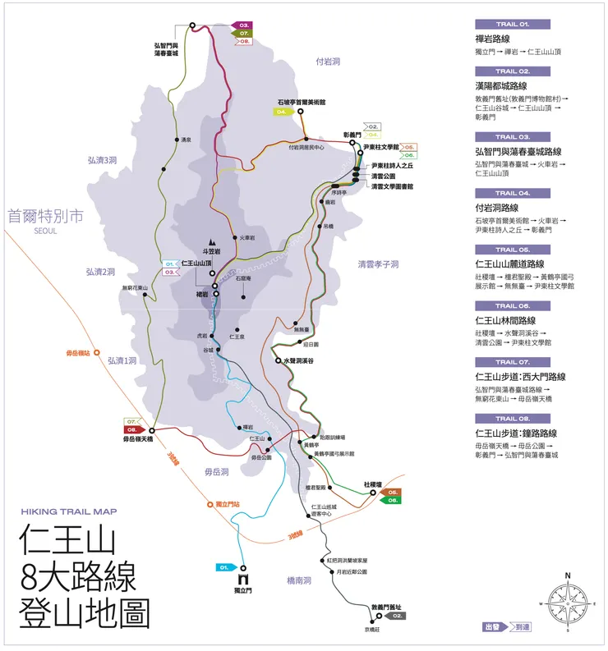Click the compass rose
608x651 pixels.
click(567, 603)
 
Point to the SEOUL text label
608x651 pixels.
click(46, 231)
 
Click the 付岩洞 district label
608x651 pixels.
click(328, 62)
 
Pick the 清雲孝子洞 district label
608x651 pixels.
click(378, 264)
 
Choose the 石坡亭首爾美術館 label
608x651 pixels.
click(302, 102)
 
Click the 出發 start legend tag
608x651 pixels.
click(493, 626)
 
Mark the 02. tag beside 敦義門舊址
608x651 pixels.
click(395, 615)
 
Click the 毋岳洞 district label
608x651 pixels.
click(215, 472)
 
